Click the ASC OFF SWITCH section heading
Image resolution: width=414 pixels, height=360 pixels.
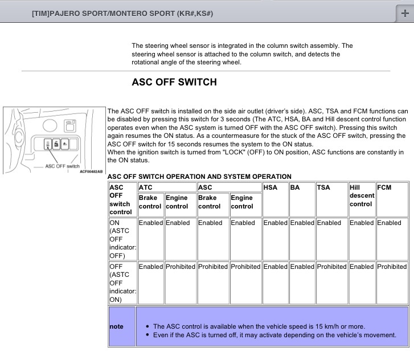[x=174, y=82]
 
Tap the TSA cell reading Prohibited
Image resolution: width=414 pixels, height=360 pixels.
[x=331, y=267]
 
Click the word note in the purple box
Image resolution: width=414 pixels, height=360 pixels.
[x=116, y=326]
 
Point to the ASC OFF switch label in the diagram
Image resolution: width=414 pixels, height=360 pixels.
[x=63, y=166]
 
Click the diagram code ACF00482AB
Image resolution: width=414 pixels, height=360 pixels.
[x=92, y=171]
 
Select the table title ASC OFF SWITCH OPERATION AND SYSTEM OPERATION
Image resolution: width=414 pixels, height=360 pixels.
[x=199, y=177]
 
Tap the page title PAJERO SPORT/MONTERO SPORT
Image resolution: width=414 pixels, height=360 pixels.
[x=123, y=13]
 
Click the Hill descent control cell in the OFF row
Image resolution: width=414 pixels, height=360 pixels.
[x=362, y=267]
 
